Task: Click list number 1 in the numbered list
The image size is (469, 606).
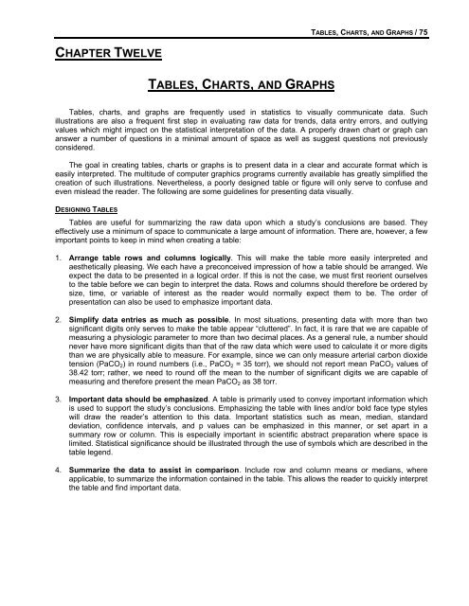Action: click(31, 336)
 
